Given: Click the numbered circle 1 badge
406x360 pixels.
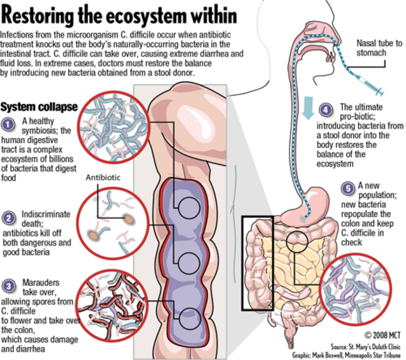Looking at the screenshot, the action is coord(8,124).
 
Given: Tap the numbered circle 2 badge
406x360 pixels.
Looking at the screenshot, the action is coord(9,218).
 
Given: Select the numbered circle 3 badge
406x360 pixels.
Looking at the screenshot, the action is coord(9,286).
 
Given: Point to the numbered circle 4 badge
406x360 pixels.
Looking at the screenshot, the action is coord(326,110).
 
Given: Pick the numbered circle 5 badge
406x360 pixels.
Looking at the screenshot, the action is coord(348,189).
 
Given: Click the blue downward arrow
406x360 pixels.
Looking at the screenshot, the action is coord(308,108).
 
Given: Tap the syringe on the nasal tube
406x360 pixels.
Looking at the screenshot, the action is coord(370,83).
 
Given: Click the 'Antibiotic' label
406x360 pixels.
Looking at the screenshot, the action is coord(103,178).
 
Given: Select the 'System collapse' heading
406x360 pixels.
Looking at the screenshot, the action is coord(39,107).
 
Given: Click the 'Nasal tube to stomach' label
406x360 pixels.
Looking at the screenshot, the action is coord(378,48).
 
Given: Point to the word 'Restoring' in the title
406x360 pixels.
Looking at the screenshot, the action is coord(36,15).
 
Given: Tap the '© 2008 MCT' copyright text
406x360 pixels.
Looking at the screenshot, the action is coord(383,335).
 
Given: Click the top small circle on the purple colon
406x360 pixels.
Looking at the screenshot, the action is coord(189,208).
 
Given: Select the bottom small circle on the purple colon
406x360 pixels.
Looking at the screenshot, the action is coord(190,319).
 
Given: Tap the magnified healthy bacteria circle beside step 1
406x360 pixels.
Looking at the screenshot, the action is coord(114,127).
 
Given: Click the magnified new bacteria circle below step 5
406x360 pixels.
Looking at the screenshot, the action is coord(355,289).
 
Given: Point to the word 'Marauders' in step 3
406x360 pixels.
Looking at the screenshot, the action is coord(41,282).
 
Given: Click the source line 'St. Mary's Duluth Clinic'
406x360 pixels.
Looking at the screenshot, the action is coord(366,347).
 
